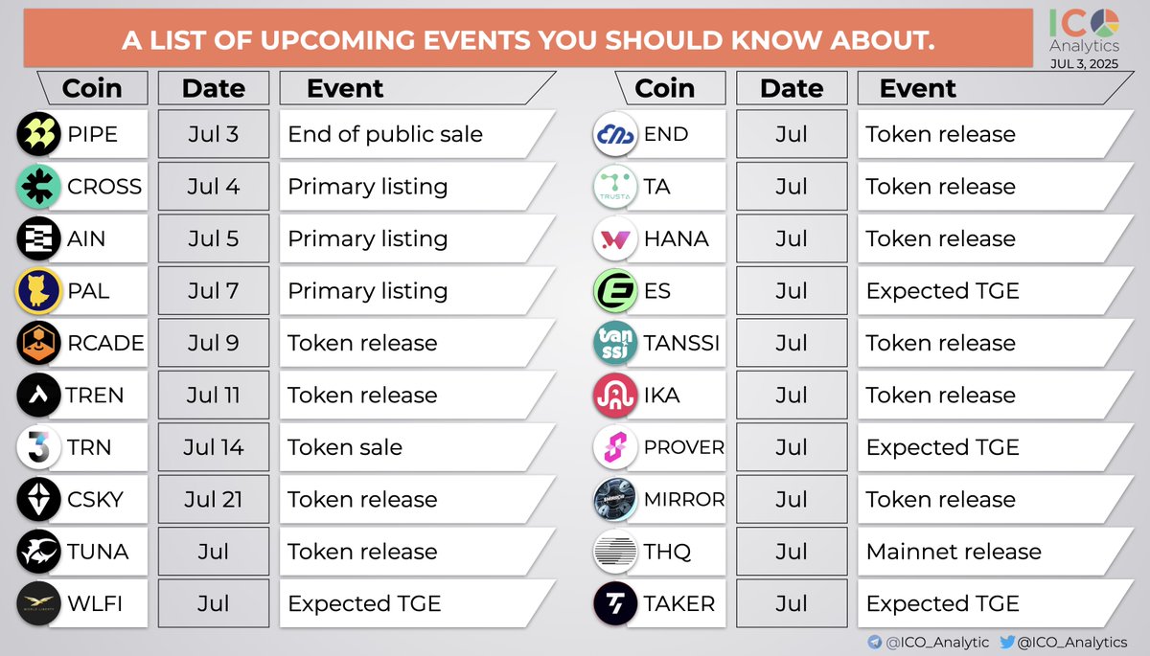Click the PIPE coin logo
coord(39,134)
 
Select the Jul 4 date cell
coord(214,186)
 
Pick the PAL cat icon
coord(39,290)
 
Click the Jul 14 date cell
coord(214,447)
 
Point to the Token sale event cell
coord(417,447)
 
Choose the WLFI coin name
coord(95,603)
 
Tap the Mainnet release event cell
coord(995,552)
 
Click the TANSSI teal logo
coord(615,343)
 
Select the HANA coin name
coord(677,238)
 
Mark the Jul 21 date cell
coord(214,499)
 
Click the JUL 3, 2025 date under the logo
coord(1084,63)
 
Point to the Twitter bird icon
coord(1007,642)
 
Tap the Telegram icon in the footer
coord(875,642)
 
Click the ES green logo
coord(615,290)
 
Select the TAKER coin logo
coord(615,603)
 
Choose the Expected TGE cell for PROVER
coord(995,447)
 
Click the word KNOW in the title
coord(776,40)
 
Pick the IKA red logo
coord(615,395)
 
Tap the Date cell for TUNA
coord(214,552)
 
